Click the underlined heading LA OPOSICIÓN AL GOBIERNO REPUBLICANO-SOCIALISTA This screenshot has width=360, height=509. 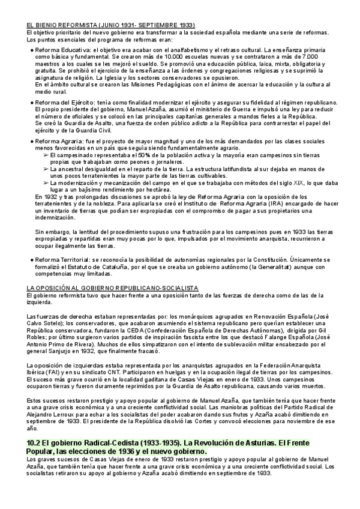click(113, 288)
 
